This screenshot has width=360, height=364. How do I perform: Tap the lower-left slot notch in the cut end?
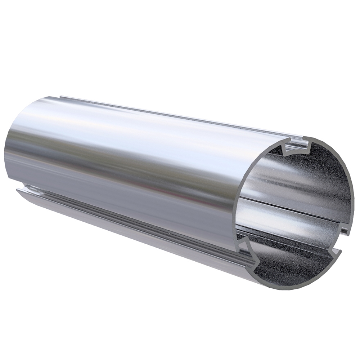[x=248, y=249]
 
